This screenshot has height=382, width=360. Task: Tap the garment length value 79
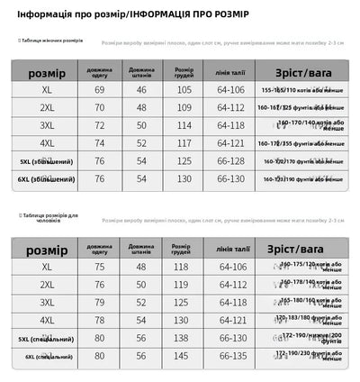coord(100,302)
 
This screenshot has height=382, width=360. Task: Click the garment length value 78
coord(100,320)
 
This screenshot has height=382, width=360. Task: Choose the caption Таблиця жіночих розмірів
coord(53,41)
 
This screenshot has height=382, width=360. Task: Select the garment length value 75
coord(100,267)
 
